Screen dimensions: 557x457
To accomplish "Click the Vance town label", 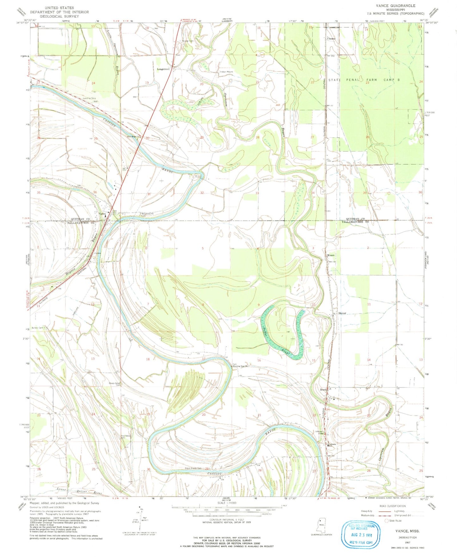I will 102,214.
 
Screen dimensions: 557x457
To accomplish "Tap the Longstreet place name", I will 163,69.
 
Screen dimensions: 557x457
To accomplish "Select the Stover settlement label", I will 342,313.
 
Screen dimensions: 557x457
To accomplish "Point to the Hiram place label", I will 330,255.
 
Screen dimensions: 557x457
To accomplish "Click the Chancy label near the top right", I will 331,39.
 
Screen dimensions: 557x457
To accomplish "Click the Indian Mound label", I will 226,72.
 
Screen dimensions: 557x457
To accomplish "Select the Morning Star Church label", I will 239,366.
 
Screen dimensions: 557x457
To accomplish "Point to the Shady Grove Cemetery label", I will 114,384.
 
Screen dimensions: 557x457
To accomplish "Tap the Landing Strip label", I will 90,98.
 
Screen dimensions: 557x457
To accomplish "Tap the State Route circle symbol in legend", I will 386,520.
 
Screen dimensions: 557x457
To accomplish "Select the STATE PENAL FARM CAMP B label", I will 364,80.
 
